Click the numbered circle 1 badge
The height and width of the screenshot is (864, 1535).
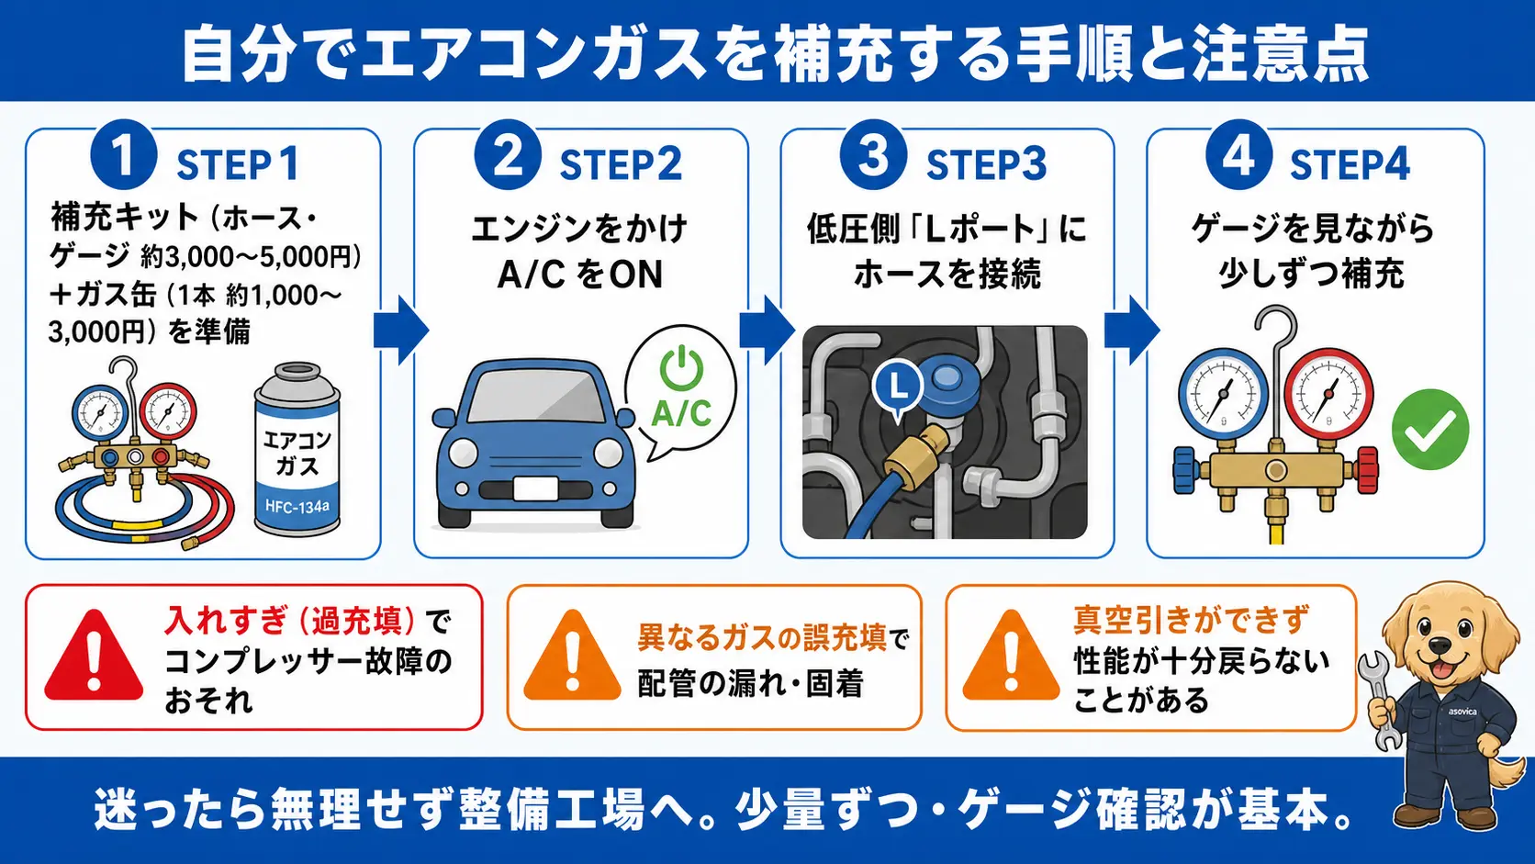pyautogui.click(x=123, y=155)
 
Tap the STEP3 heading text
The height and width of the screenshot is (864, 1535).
pyautogui.click(x=986, y=165)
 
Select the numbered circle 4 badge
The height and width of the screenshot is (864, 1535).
pyautogui.click(x=1238, y=155)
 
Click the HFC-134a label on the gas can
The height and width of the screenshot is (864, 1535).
pyautogui.click(x=297, y=507)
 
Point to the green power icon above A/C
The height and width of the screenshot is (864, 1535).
pyautogui.click(x=680, y=369)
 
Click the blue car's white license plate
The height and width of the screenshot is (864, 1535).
pyautogui.click(x=536, y=489)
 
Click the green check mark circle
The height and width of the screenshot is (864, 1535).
pyautogui.click(x=1430, y=429)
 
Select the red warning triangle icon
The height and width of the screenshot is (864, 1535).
pyautogui.click(x=94, y=656)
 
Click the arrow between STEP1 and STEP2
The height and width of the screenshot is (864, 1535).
pyautogui.click(x=401, y=331)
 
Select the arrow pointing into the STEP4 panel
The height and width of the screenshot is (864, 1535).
pyautogui.click(x=1132, y=331)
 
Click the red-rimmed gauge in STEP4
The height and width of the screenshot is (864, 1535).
pyautogui.click(x=1328, y=393)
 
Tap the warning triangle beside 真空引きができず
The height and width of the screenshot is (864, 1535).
pyautogui.click(x=1011, y=656)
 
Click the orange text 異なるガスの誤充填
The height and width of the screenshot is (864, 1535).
pyautogui.click(x=762, y=638)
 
